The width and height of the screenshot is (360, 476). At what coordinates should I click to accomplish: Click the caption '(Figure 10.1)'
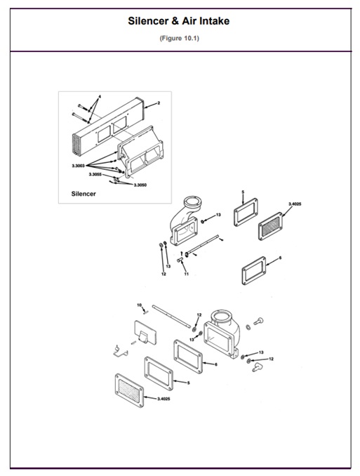[179, 38]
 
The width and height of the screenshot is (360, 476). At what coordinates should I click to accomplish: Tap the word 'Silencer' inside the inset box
[84, 192]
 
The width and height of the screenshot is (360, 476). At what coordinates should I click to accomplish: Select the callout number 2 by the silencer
[159, 103]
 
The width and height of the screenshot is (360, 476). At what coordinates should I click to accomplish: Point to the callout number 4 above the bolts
[100, 95]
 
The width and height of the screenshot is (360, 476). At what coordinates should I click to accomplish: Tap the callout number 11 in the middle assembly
[186, 274]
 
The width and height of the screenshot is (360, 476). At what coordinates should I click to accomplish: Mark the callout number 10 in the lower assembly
[139, 305]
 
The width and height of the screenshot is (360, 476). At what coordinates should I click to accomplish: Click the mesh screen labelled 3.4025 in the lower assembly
[133, 387]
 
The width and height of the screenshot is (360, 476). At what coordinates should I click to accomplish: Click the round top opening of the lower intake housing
[225, 316]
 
